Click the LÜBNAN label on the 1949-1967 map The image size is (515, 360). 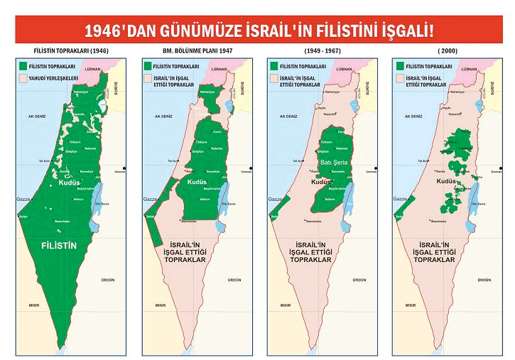coord(344,70)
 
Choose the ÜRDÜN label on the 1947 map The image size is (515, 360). coord(235,280)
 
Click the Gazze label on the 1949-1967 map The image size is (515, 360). coord(276,200)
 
